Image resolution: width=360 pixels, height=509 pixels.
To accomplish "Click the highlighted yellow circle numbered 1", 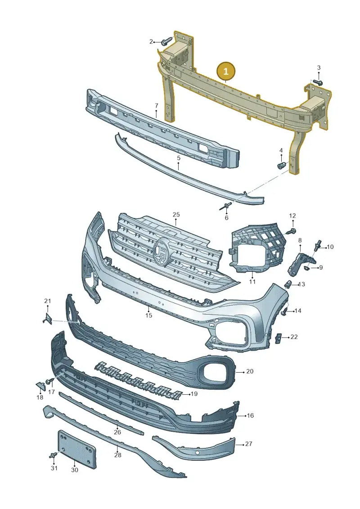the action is pos(226,71).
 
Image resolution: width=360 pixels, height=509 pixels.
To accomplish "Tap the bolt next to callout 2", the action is pos(167,41).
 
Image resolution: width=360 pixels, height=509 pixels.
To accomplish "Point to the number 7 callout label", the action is pos(157,105).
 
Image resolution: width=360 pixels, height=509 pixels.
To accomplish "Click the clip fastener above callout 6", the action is pos(227,206).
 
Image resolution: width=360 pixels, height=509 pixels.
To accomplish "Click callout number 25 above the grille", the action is pos(176,214).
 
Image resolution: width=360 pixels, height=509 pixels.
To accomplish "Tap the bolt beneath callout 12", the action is pos(292,231).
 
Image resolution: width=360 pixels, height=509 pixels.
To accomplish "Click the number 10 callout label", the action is pos(330,247).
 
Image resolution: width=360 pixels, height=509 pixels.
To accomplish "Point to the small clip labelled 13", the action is pos(288,285).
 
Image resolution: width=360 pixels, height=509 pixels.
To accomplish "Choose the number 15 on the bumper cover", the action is pos(148,315).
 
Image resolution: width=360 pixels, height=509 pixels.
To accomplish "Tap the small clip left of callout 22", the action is pos(278,338).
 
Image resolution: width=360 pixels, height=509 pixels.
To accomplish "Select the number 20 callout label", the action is pos(250,371).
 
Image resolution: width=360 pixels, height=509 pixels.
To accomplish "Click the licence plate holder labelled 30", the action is pos(76,450).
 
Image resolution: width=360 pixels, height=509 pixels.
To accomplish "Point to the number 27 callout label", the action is pos(248,444).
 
